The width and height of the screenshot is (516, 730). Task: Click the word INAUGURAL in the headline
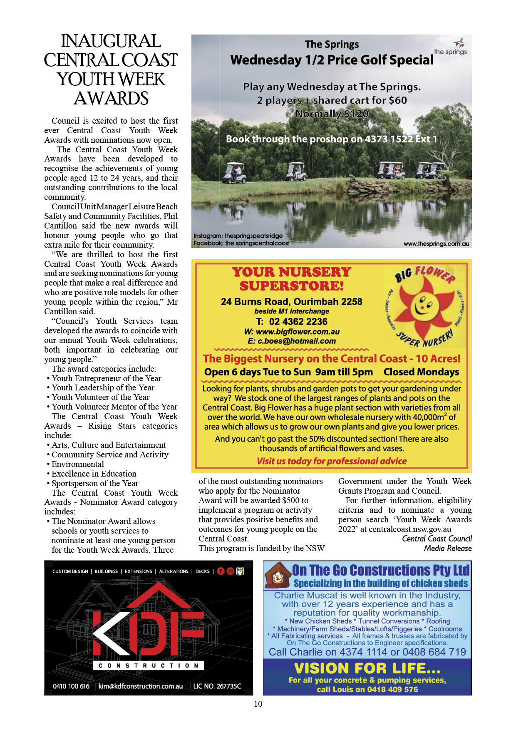pyautogui.click(x=111, y=41)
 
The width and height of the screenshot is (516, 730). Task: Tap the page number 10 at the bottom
pyautogui.click(x=258, y=704)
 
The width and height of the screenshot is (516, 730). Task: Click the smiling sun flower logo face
pyautogui.click(x=424, y=307)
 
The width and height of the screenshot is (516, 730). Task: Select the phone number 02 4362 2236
pyautogui.click(x=298, y=322)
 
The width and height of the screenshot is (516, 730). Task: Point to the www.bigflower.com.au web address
pyautogui.click(x=298, y=332)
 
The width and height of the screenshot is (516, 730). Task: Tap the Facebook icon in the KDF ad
pyautogui.click(x=221, y=571)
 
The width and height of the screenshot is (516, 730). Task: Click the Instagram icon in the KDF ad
pyautogui.click(x=231, y=571)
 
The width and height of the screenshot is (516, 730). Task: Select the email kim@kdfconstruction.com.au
pyautogui.click(x=141, y=686)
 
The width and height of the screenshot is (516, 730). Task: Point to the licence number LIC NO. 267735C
pyautogui.click(x=217, y=686)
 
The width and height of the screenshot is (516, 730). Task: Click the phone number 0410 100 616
pyautogui.click(x=71, y=686)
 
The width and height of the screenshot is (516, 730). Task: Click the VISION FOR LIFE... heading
pyautogui.click(x=367, y=668)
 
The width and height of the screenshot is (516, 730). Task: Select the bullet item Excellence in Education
pyautogui.click(x=94, y=474)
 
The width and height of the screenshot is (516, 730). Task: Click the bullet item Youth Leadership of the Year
pyautogui.click(x=103, y=387)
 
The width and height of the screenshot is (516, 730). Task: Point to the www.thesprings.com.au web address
pyautogui.click(x=436, y=244)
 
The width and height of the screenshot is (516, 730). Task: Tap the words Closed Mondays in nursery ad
pyautogui.click(x=421, y=372)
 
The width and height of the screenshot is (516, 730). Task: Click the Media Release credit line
pyautogui.click(x=448, y=548)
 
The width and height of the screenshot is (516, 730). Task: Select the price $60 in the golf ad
pyautogui.click(x=398, y=100)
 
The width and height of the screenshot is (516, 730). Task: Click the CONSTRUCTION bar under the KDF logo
pyautogui.click(x=149, y=665)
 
